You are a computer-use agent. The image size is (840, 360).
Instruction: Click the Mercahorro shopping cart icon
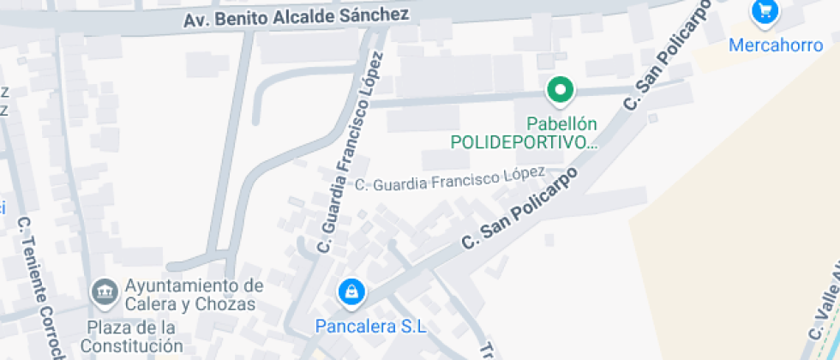764,12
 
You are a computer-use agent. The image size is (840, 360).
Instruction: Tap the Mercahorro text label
775,45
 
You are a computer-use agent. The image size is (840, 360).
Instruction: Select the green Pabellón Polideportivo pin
561,89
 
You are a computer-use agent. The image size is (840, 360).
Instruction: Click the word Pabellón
561,123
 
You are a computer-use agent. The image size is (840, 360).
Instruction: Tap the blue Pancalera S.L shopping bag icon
350,293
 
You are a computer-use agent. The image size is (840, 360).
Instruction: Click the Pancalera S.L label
370,327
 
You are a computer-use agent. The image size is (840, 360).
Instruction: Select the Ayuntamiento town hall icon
105,292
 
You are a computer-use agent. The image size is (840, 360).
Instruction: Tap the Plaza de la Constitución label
135,337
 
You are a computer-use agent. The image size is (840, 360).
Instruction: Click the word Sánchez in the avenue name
376,15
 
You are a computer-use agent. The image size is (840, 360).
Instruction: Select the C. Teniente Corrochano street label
41,288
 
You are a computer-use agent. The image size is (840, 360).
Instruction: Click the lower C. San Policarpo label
520,207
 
